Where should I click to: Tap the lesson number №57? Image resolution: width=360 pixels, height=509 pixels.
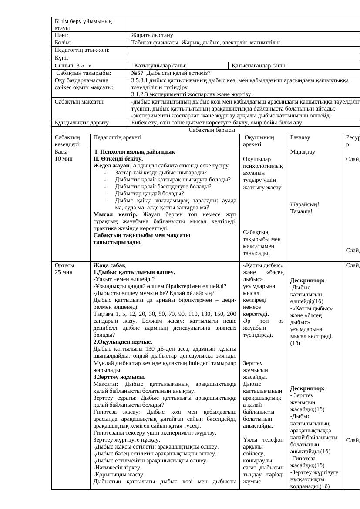coord(138,73)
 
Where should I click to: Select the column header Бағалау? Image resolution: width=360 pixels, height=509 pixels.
coord(299,137)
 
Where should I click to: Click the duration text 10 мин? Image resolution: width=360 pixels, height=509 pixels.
coord(64,159)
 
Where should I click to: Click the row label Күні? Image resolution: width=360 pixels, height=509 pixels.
coord(62,57)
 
